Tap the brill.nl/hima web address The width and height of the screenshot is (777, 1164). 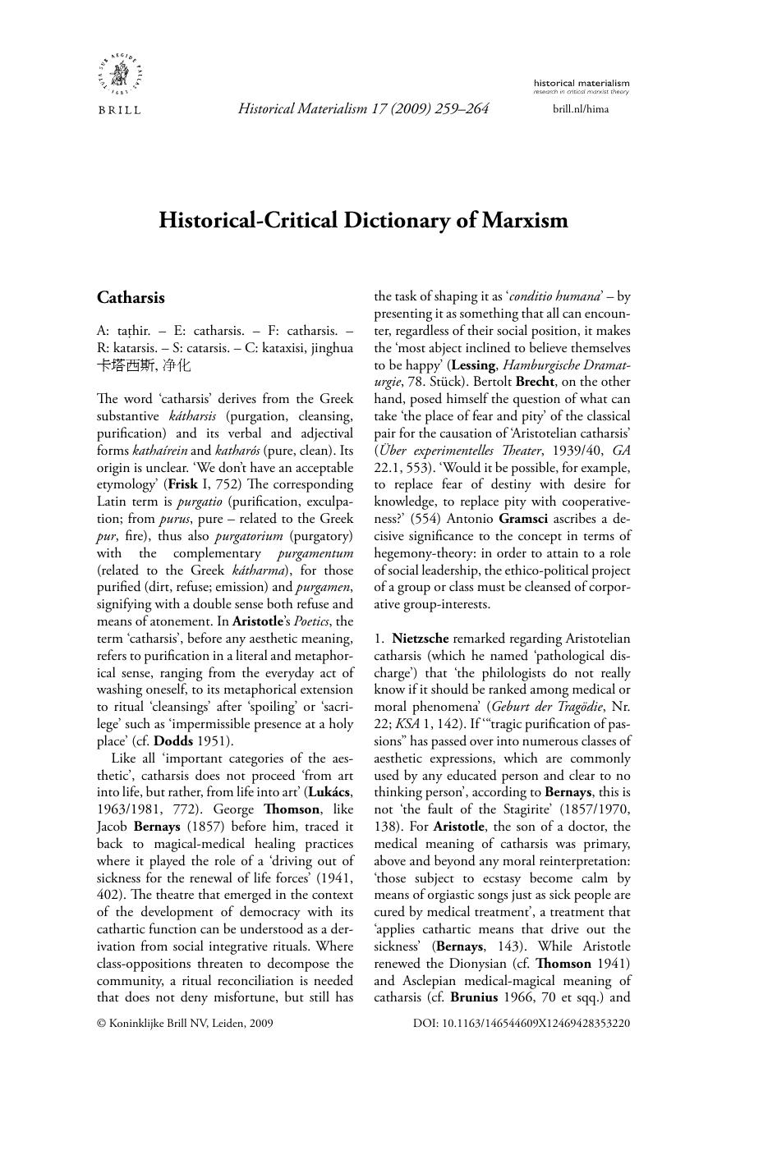tap(581, 108)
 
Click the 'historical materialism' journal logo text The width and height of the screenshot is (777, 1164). tap(581, 83)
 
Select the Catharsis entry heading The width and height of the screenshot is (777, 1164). tap(131, 298)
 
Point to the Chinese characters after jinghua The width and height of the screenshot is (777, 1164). tap(144, 365)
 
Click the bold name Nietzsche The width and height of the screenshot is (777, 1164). tap(421, 638)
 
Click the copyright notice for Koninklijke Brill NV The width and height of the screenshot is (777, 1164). tap(185, 1024)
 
